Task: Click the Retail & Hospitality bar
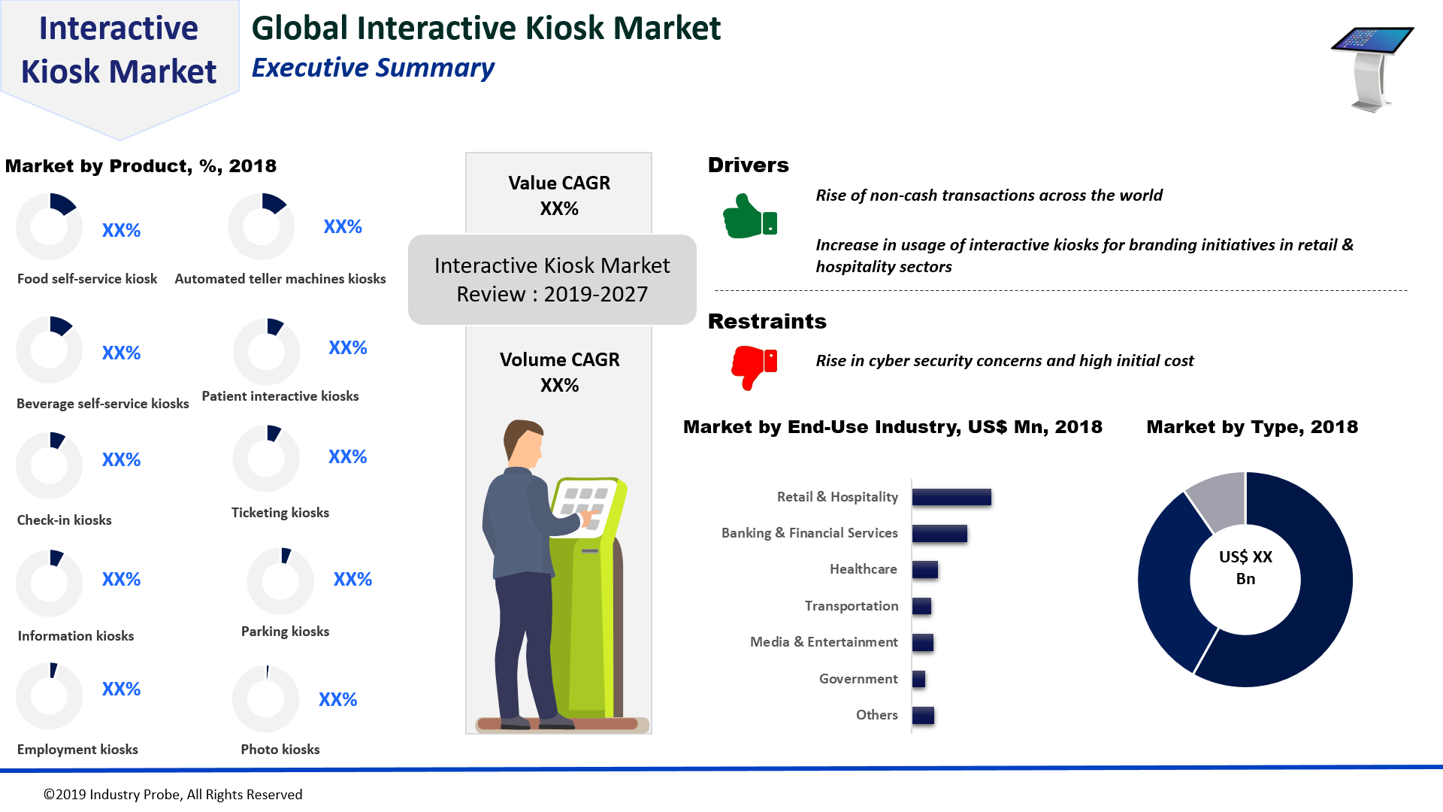[951, 497]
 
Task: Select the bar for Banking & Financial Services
[939, 533]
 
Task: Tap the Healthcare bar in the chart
[925, 570]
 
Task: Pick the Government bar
[918, 679]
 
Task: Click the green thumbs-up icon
[750, 217]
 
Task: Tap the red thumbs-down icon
[754, 368]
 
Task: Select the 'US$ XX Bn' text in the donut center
[1245, 568]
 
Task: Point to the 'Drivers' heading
[748, 165]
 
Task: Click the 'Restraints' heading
[767, 322]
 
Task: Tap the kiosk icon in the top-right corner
[1372, 69]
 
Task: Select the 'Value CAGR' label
[559, 183]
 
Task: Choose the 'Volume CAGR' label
[560, 359]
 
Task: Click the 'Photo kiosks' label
[280, 750]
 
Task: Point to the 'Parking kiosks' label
[286, 632]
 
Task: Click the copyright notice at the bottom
[173, 795]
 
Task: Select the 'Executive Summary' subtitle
[373, 68]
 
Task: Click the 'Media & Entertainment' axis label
[824, 642]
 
